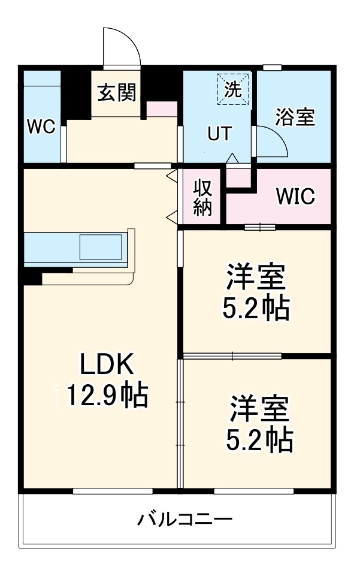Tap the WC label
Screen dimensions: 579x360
click(x=41, y=126)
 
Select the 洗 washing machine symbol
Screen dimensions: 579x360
click(x=233, y=89)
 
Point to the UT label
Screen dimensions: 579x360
click(x=219, y=134)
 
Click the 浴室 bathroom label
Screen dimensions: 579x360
click(x=295, y=117)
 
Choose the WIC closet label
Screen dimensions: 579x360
click(x=295, y=197)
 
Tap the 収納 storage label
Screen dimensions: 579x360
click(x=202, y=197)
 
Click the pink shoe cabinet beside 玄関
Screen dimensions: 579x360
click(x=162, y=109)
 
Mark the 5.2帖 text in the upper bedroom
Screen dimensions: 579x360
click(x=256, y=309)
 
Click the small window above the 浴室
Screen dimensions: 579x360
click(x=273, y=67)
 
